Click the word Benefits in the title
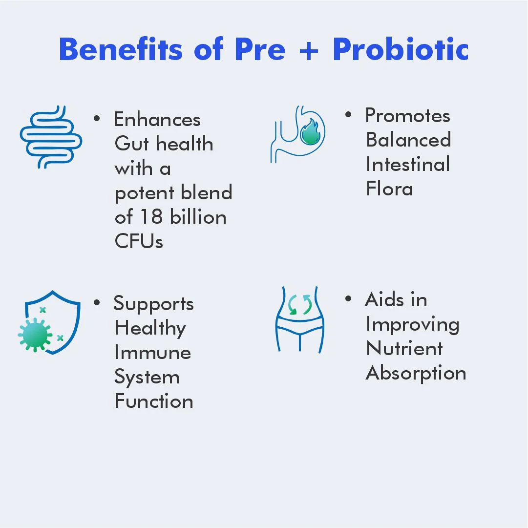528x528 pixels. tap(121, 49)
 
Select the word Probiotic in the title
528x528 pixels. tap(401, 49)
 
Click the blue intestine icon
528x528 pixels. tap(51, 137)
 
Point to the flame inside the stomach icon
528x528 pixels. tap(310, 132)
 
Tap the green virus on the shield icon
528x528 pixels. tap(35, 335)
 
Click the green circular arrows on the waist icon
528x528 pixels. tap(300, 304)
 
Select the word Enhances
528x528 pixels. tap(157, 120)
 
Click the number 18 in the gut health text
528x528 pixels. tap(151, 216)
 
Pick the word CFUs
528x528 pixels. tap(139, 241)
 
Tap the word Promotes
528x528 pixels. tap(408, 115)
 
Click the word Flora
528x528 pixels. tap(389, 188)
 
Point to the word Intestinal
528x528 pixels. tap(408, 164)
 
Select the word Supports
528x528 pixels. tap(153, 304)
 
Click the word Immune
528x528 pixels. tap(153, 352)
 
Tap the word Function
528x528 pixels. tap(154, 401)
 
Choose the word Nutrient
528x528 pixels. tap(404, 348)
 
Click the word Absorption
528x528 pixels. tap(416, 374)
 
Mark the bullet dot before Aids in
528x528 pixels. tap(348, 298)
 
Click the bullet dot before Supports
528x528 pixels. tap(97, 302)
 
